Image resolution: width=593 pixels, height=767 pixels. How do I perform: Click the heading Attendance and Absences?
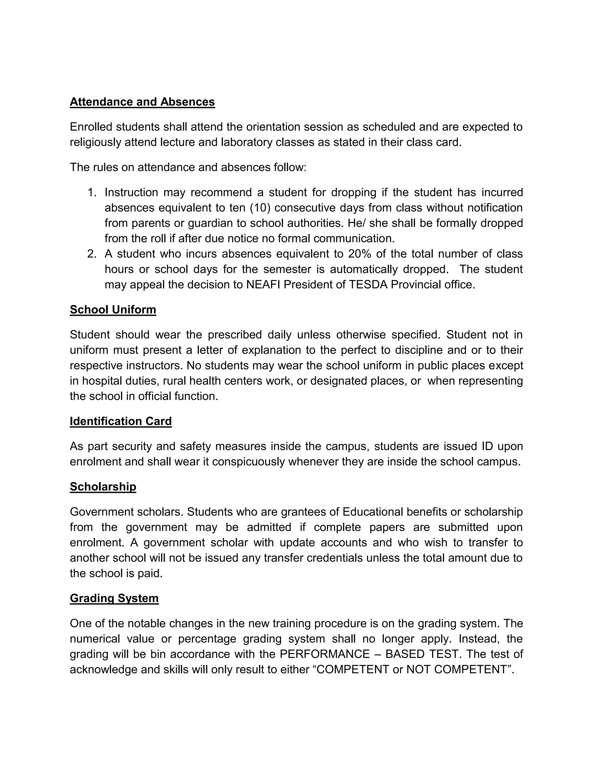click(142, 102)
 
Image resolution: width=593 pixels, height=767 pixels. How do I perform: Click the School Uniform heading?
click(113, 310)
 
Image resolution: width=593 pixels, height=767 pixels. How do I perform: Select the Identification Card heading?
click(120, 421)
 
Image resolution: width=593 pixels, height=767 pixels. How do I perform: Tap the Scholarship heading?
click(103, 487)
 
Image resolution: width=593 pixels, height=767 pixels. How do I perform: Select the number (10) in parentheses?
click(260, 208)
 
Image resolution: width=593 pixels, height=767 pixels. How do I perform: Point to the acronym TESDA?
click(368, 285)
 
